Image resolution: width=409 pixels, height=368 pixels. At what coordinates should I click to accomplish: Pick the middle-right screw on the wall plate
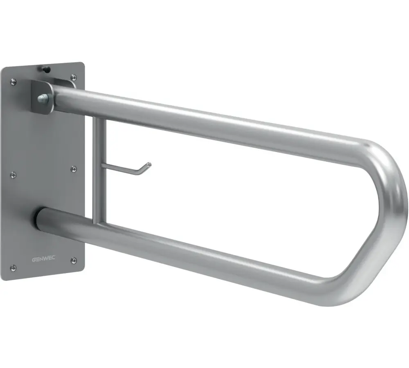74,168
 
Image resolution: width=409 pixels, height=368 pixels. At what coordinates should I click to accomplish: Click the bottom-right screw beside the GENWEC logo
74,260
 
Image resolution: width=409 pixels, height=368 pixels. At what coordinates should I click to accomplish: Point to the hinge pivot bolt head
42,99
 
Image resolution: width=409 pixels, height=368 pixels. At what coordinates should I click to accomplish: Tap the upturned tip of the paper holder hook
148,166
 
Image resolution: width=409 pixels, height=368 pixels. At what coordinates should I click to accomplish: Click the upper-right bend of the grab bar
382,157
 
